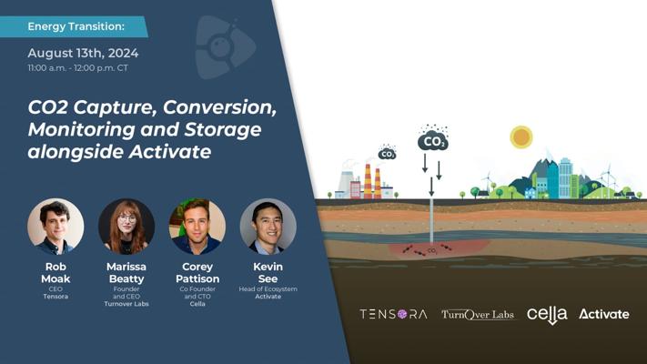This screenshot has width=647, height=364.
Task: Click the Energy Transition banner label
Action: (76, 26)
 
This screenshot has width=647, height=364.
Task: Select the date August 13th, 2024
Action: (83, 54)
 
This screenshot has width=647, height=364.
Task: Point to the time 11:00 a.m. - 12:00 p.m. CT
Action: (77, 68)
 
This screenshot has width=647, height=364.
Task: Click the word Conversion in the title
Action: (219, 107)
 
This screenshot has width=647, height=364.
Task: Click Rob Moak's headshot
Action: (56, 227)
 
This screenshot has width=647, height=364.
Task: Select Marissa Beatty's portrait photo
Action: (126, 227)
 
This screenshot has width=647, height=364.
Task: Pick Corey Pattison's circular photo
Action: (197, 227)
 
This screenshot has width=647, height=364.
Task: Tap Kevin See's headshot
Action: (268, 227)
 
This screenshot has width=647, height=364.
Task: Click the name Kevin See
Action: (268, 273)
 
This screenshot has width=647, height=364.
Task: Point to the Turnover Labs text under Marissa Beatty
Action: (126, 304)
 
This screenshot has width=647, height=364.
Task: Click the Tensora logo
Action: (393, 315)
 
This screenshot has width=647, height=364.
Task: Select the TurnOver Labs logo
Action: (478, 315)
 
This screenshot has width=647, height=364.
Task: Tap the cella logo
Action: (547, 315)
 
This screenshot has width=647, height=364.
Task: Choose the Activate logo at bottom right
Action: (604, 314)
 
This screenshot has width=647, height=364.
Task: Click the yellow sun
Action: (521, 137)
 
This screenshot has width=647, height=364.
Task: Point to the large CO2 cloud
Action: (433, 140)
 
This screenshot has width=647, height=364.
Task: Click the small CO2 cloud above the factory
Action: (387, 153)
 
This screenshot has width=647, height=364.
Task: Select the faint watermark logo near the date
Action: (225, 47)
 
